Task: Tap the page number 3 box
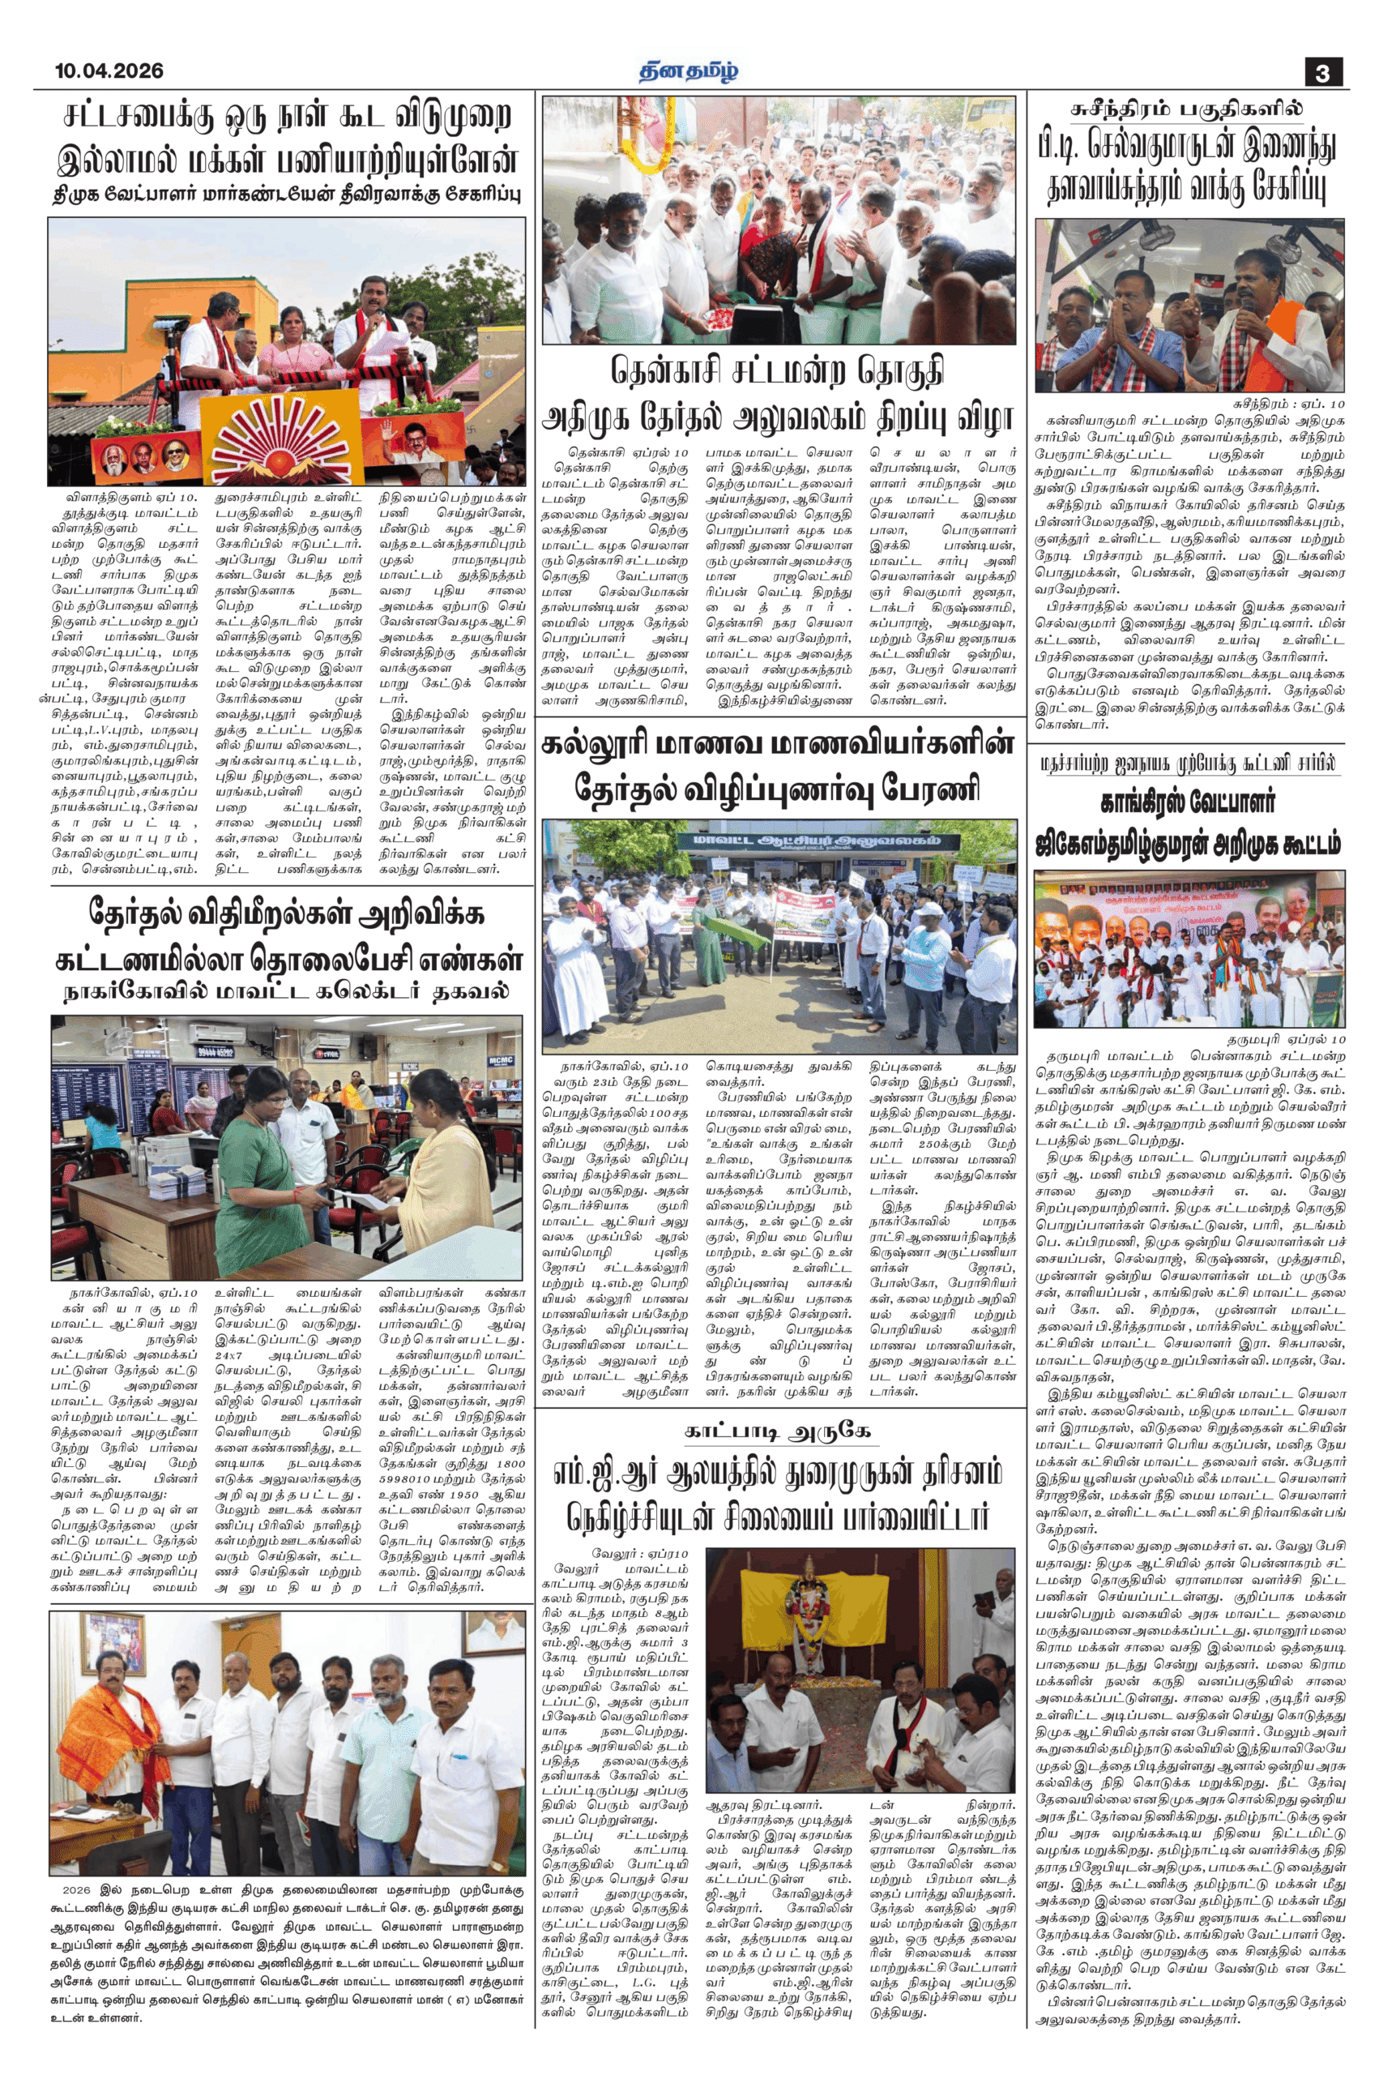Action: pyautogui.click(x=1323, y=72)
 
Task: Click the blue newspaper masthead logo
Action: pyautogui.click(x=688, y=71)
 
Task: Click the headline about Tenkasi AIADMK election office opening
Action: pyautogui.click(x=778, y=394)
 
